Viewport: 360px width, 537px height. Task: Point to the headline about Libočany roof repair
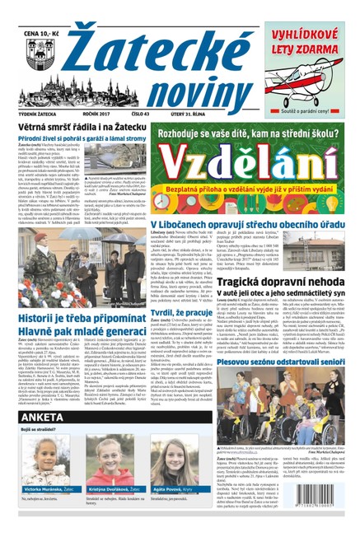tap(248, 224)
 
